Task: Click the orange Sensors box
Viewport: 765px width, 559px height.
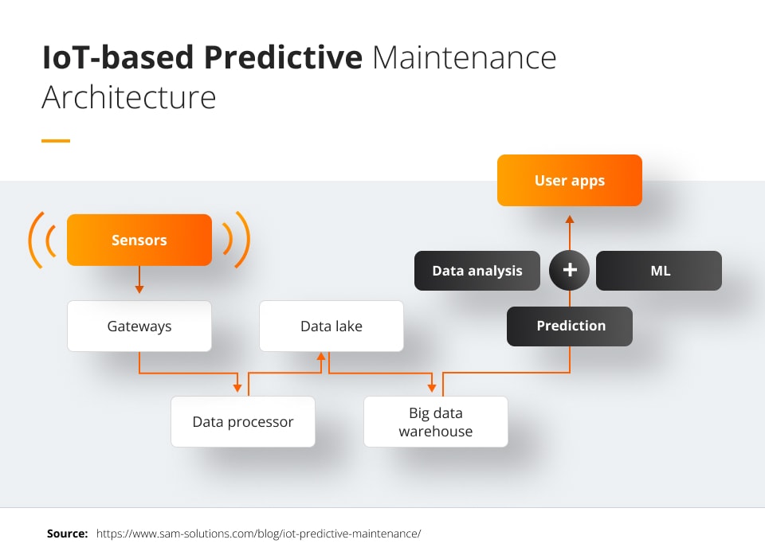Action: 139,240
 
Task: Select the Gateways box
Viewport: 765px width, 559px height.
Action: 139,326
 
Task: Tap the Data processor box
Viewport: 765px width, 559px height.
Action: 243,421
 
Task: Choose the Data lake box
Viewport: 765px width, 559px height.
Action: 331,326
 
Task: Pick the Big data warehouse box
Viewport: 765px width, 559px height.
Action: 435,422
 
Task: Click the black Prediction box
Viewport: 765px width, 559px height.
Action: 570,326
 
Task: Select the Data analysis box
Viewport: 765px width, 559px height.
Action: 477,271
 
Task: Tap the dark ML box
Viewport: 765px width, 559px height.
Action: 659,271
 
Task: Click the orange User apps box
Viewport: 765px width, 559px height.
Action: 569,181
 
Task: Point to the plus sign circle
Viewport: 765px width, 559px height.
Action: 570,271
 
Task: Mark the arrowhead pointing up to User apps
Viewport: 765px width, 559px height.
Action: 570,216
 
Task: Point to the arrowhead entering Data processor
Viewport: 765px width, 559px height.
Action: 237,388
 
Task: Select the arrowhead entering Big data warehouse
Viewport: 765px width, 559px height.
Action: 431,388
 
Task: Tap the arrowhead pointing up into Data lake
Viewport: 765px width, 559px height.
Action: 321,358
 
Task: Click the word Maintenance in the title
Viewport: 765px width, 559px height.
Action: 464,57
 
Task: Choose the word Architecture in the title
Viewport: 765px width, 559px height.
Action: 128,97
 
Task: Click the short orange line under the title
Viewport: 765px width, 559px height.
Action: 56,141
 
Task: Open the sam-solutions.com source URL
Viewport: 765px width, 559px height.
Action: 258,534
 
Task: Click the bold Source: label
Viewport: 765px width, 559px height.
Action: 67,534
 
